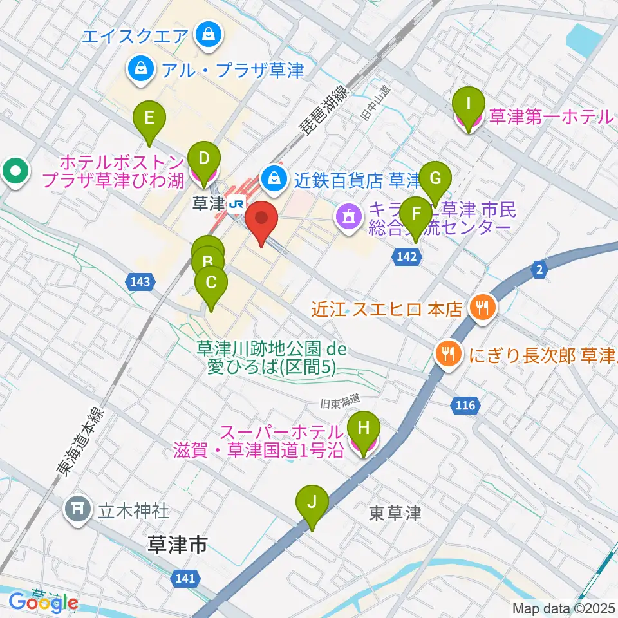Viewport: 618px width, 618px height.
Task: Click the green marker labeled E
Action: [149, 118]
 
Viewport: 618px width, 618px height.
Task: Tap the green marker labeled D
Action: [204, 158]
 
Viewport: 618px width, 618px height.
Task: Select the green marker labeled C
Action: [211, 283]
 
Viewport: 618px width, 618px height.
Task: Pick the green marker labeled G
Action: [435, 178]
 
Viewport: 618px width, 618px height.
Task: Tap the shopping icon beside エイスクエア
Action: [208, 35]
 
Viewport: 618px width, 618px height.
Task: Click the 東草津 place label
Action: [395, 513]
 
